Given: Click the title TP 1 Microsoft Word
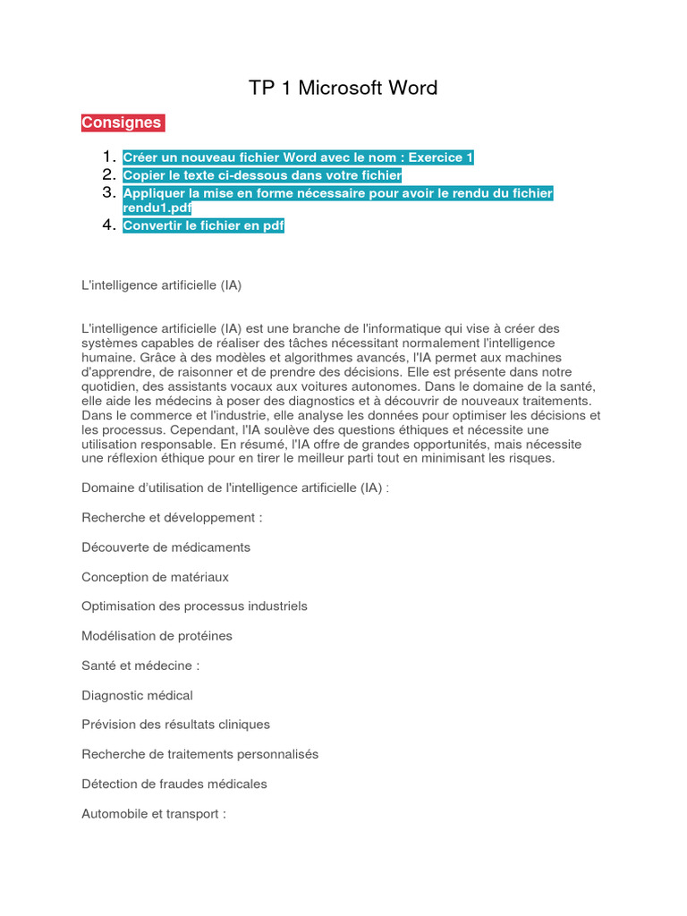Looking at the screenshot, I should point(343,88).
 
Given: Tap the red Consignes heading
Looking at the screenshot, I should point(123,123).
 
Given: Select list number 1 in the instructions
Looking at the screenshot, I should point(109,157).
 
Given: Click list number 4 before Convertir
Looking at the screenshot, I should point(109,225).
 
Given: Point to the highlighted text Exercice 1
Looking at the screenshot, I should point(441,158).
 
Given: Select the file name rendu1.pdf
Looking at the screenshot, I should point(157,208).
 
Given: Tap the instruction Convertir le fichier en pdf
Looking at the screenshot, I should point(203,226).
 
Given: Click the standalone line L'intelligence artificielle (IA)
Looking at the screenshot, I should point(162,285).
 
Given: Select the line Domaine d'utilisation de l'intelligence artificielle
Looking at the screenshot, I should point(235,488).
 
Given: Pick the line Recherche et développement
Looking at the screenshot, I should point(172,517).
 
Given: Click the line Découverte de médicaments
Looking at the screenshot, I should point(165,547).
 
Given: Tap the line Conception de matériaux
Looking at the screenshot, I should point(155,577).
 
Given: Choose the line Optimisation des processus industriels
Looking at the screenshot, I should point(194,606).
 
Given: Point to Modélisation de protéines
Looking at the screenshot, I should point(157,636).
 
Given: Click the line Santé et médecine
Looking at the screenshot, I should point(140,666).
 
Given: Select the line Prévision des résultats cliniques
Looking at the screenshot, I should point(175,725).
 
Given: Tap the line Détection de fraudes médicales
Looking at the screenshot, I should point(174,784).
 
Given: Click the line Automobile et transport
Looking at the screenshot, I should point(154,814).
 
